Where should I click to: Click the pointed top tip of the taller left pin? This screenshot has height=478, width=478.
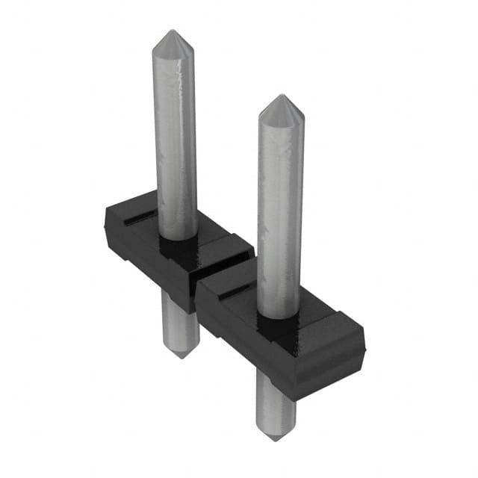[173, 32]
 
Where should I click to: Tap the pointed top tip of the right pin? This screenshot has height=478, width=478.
[282, 97]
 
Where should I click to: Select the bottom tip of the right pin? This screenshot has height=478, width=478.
[273, 438]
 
